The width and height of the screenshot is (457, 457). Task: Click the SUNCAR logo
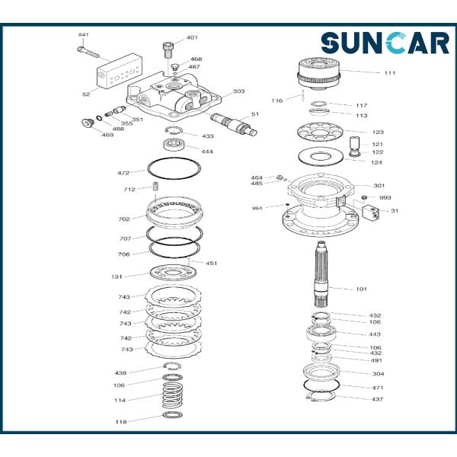(385, 43)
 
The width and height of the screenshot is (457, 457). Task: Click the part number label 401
(192, 37)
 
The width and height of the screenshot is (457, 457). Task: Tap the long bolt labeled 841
(88, 52)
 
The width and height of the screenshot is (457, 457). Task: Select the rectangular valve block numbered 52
(120, 71)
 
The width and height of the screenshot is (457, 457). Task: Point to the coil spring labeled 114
(173, 395)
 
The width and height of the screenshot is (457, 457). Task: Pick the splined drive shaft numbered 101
(321, 274)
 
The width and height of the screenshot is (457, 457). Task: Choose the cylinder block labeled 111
(319, 74)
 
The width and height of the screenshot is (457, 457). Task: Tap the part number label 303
(238, 91)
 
